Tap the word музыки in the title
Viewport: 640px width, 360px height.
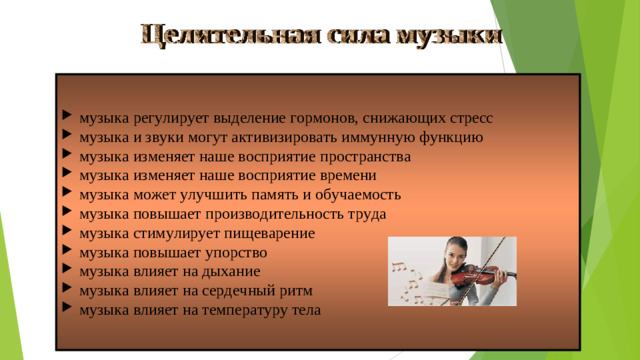(449, 34)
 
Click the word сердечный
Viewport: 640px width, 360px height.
(245, 290)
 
